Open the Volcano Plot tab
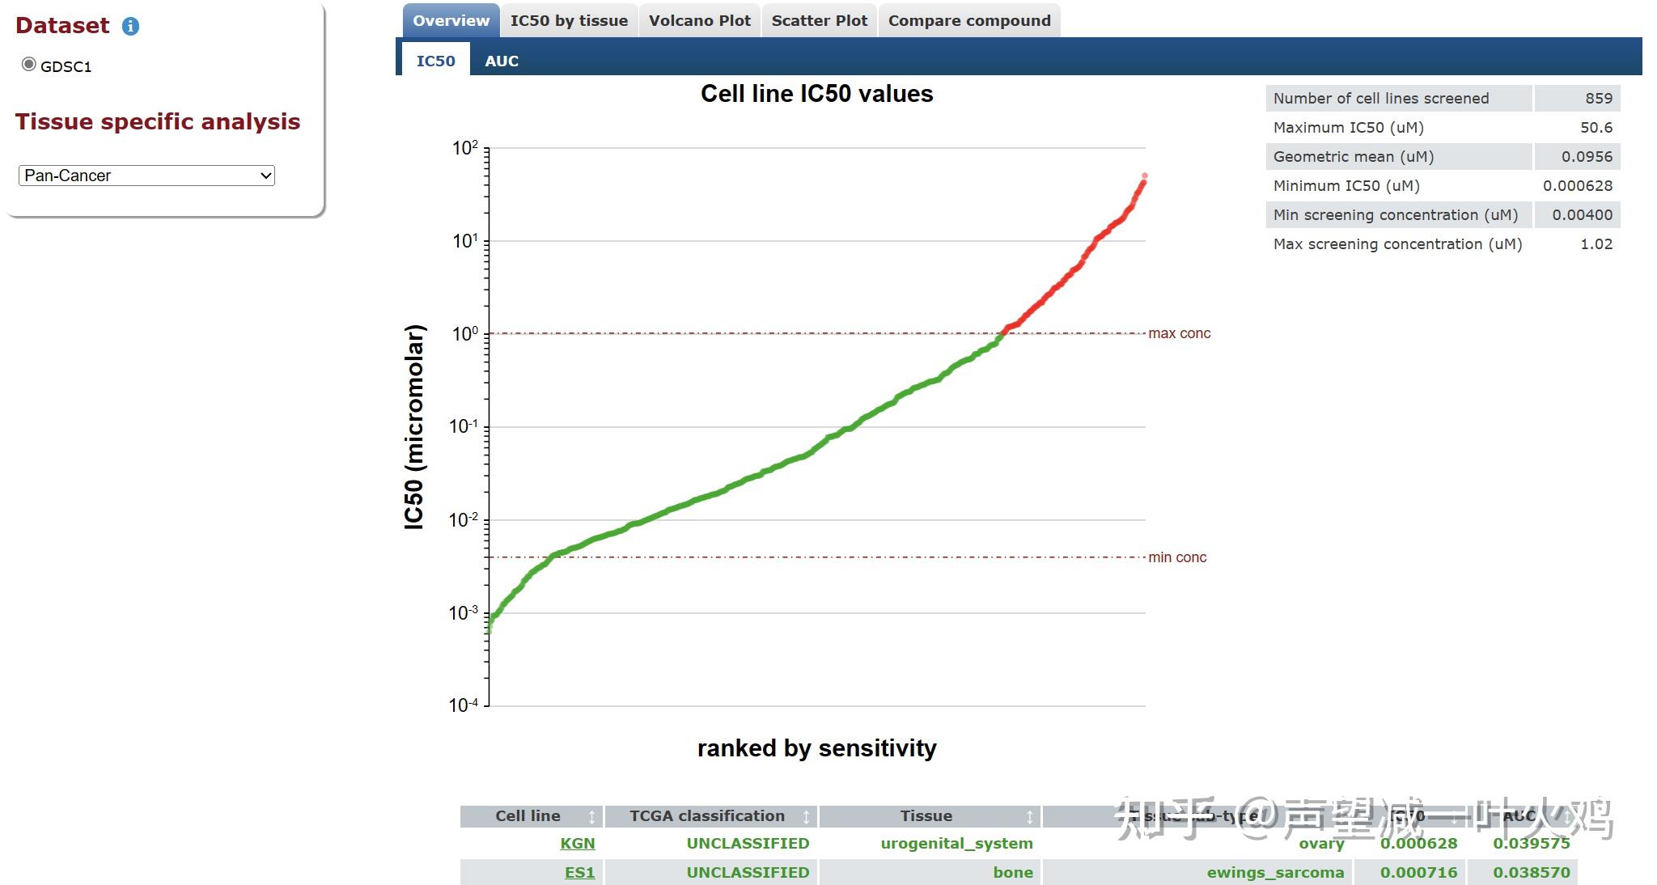(x=699, y=21)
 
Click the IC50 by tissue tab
(x=569, y=21)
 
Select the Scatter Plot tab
(x=819, y=21)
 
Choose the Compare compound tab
(x=969, y=21)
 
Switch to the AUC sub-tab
(x=502, y=61)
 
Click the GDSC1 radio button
(x=29, y=65)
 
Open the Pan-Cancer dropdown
(x=146, y=176)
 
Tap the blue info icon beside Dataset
(x=130, y=27)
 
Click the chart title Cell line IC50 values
(x=816, y=94)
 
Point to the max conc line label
(x=1179, y=333)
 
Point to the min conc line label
(x=1177, y=557)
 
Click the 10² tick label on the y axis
(x=464, y=148)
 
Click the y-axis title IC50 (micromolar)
(x=414, y=427)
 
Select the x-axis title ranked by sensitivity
(x=816, y=748)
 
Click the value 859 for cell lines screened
(x=1598, y=99)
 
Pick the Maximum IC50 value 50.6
(x=1596, y=128)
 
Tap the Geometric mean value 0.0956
(x=1587, y=157)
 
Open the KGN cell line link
(x=577, y=843)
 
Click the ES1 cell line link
(x=579, y=872)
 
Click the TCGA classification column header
(x=707, y=816)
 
